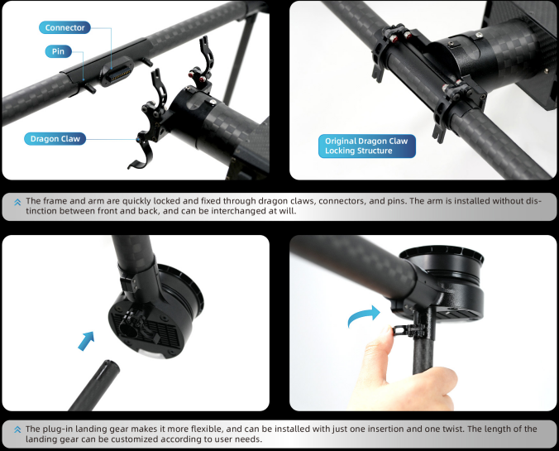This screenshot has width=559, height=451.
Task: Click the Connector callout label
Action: [x=64, y=27]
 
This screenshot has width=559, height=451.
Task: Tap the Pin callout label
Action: [x=58, y=51]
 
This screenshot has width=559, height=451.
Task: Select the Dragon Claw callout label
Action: [x=55, y=139]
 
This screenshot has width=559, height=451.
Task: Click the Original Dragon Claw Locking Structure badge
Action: [x=367, y=146]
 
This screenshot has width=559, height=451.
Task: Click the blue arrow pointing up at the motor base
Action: [x=86, y=341]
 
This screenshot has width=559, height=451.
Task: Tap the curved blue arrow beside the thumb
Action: [x=364, y=316]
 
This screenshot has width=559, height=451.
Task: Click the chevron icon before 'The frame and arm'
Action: [x=17, y=202]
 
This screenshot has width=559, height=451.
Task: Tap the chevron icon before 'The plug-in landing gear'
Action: [x=17, y=429]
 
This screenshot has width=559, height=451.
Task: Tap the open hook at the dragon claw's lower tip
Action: [x=138, y=162]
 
